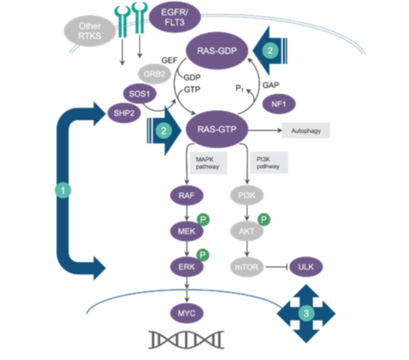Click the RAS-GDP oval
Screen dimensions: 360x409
[217, 51]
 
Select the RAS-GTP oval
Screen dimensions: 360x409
[217, 129]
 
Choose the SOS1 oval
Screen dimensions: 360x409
[140, 94]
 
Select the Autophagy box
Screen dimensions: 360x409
[306, 131]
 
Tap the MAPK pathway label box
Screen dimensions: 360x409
[208, 163]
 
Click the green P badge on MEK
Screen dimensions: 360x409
[203, 219]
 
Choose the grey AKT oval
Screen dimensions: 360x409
[247, 231]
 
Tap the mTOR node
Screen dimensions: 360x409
[247, 267]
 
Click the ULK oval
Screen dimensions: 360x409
[306, 266]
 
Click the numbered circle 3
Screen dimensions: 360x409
[306, 313]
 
